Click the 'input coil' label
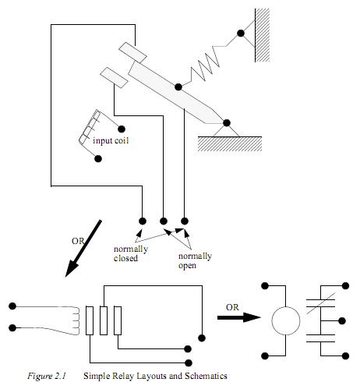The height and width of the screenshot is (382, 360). (x=111, y=141)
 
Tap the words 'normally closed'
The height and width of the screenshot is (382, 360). (x=131, y=253)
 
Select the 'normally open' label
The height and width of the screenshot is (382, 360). (x=195, y=260)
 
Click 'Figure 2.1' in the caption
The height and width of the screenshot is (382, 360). (x=47, y=376)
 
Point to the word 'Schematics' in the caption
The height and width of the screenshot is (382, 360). (x=206, y=376)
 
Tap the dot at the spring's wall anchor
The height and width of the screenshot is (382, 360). (x=241, y=34)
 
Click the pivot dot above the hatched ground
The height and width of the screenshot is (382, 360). (x=227, y=123)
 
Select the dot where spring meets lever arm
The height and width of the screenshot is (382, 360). (x=178, y=87)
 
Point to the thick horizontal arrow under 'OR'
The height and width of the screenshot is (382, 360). (x=239, y=317)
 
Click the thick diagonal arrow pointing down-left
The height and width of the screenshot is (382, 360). (x=83, y=249)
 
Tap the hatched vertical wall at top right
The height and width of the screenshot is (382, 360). (x=262, y=35)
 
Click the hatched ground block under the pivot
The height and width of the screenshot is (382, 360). (x=230, y=144)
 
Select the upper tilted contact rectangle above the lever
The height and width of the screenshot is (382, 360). (x=132, y=53)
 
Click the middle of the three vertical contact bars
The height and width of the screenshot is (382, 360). (x=104, y=320)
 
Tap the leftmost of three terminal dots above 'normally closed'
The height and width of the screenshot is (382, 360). (x=143, y=221)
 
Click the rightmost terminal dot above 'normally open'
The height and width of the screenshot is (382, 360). (x=184, y=221)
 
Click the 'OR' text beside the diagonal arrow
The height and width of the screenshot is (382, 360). (x=78, y=241)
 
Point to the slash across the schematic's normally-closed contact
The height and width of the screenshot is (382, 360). (x=321, y=303)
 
